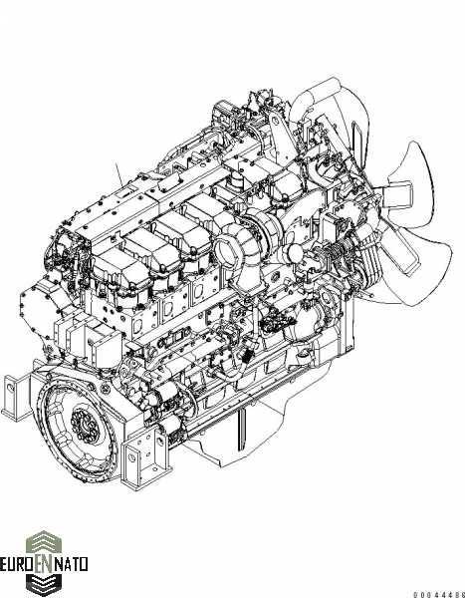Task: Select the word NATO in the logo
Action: (x=72, y=564)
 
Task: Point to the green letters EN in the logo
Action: (x=44, y=564)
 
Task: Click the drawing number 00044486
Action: (x=439, y=595)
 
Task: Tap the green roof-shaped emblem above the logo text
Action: (x=44, y=541)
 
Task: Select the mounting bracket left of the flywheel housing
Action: (x=16, y=398)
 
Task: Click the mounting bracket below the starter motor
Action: (x=145, y=457)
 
